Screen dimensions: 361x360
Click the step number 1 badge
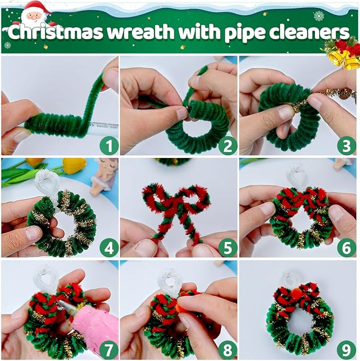tap(109, 145)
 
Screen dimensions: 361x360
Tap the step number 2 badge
tap(227, 145)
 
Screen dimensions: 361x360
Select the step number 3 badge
tap(346, 145)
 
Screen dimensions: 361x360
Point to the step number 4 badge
tap(109, 247)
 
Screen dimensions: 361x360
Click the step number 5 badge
tap(227, 247)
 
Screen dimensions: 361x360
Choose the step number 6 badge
tap(346, 247)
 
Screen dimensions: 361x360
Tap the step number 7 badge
tap(109, 349)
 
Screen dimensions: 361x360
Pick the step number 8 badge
tap(227, 349)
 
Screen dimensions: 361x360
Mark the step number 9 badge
tap(346, 349)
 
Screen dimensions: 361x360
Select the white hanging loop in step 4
tap(48, 183)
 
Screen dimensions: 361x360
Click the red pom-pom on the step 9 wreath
tap(295, 292)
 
